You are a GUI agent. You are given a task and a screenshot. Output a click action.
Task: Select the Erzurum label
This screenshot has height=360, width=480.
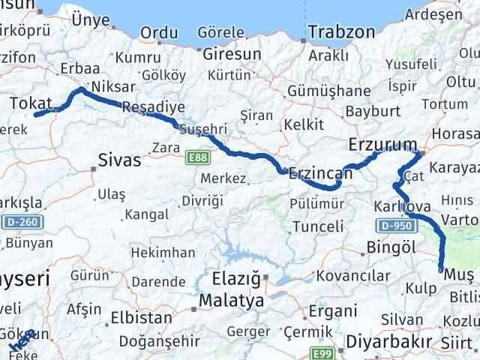383,143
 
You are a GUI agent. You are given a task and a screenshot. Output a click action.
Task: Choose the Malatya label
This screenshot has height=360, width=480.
232,301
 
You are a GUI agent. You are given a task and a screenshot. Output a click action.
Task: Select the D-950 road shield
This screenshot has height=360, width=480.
394,226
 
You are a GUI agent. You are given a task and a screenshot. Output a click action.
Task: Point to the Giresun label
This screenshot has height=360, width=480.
231,54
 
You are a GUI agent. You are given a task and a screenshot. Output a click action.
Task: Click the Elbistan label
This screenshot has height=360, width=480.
140,317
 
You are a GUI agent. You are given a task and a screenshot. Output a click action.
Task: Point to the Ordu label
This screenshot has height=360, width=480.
159,33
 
